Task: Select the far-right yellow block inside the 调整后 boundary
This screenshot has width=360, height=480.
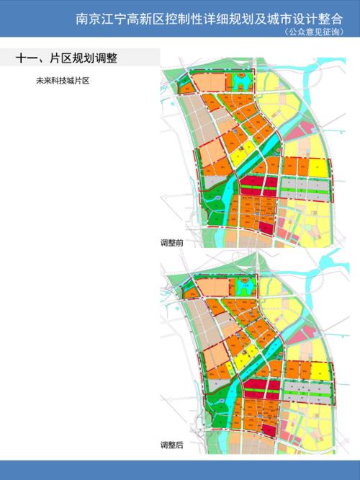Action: click(x=320, y=372)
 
